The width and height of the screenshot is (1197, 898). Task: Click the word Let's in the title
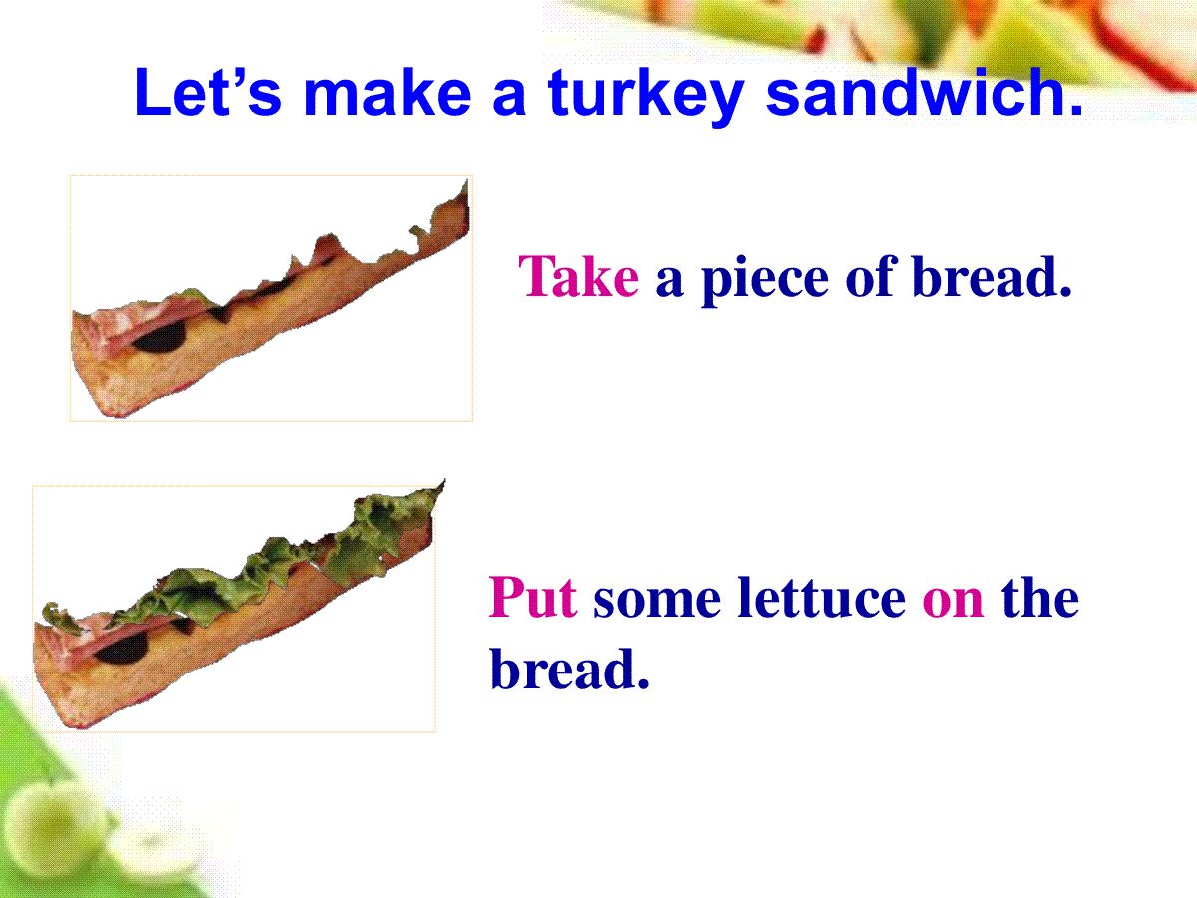point(208,92)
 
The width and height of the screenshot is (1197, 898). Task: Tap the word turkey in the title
point(645,96)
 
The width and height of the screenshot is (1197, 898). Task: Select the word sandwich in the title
point(924,92)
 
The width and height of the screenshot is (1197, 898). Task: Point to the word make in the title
point(387,92)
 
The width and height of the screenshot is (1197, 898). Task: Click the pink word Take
point(579,277)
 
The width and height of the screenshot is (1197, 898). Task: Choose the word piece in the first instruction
point(765,280)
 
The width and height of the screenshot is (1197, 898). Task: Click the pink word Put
point(533,597)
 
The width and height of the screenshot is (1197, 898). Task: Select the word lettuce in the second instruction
point(821,597)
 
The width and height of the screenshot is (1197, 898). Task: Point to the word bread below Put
point(570,669)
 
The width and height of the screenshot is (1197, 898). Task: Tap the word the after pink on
point(1040,597)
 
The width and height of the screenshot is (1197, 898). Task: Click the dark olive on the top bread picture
point(159,338)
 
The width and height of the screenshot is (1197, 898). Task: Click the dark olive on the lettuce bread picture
point(122,649)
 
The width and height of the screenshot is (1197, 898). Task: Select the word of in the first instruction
point(871,276)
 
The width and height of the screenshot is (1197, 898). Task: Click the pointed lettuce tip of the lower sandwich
point(443,481)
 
